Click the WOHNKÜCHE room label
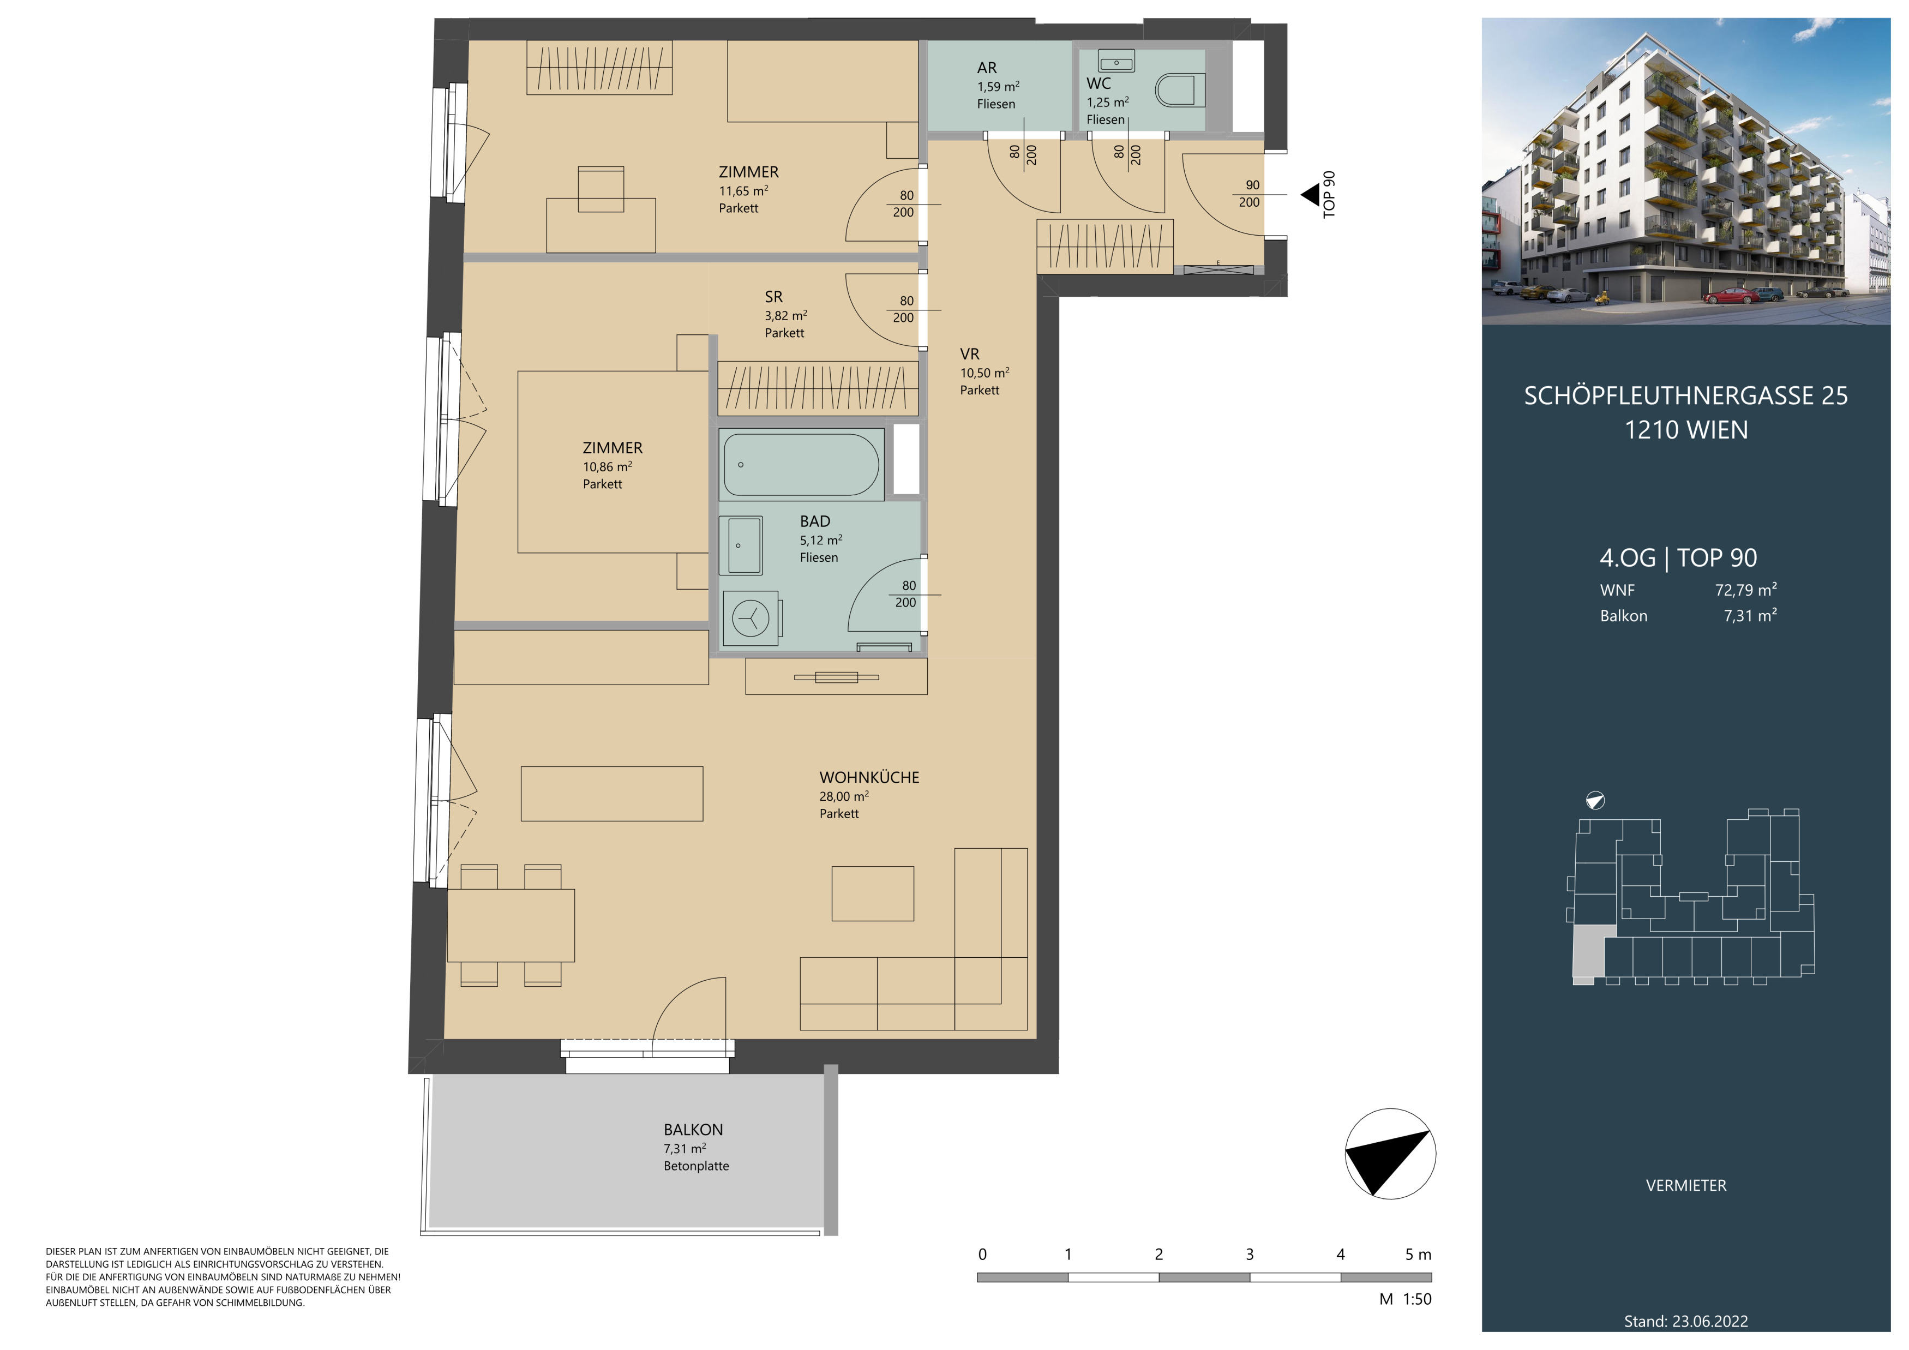869,777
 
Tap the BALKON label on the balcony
693,1130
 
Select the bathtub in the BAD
802,465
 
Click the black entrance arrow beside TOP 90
1310,195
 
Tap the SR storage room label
773,297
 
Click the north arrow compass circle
1390,1154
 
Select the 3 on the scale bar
1250,1255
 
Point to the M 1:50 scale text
1405,1299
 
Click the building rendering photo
1686,171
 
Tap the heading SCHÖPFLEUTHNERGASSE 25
1686,395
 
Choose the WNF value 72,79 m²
1746,590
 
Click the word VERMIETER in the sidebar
1686,1185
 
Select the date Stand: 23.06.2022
1686,1321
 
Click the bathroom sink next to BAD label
745,545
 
